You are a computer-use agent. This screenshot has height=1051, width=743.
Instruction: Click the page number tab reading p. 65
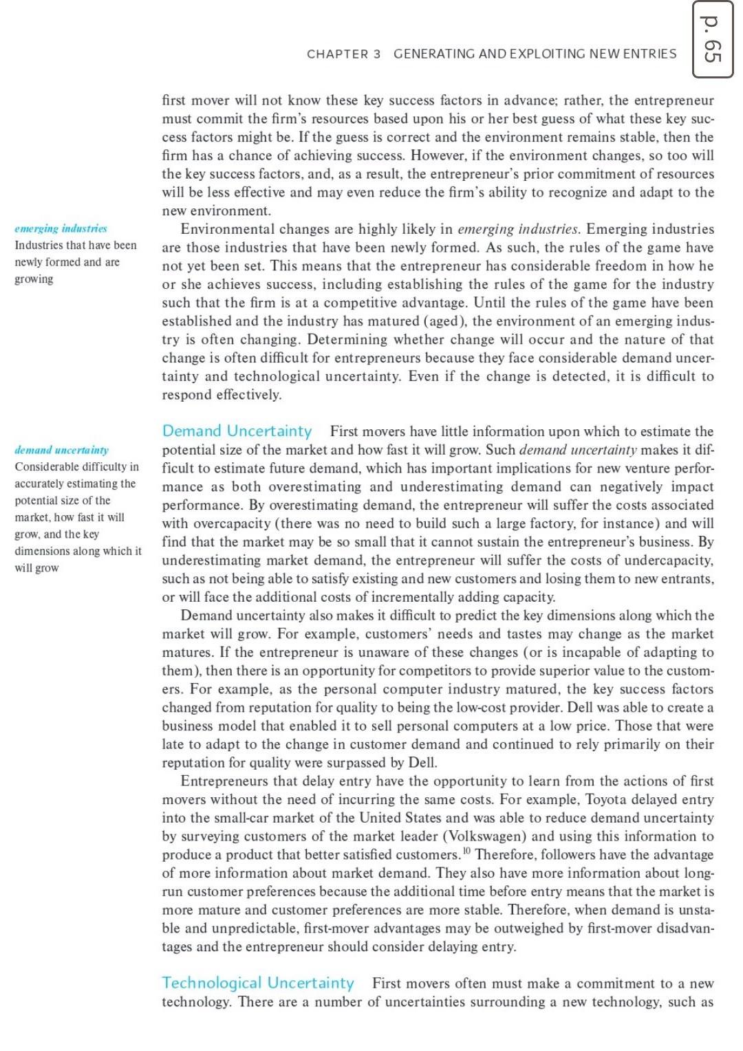click(712, 39)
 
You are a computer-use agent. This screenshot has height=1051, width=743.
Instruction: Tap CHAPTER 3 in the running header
click(343, 54)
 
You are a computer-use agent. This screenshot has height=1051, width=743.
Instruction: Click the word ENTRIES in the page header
click(649, 54)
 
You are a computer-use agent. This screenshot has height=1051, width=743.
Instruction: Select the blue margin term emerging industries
click(61, 228)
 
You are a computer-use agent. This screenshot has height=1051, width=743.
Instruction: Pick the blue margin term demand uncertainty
click(61, 450)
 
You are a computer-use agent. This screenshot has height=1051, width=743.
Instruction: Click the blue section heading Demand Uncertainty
click(237, 431)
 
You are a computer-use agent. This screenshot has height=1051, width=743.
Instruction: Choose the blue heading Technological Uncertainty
click(258, 983)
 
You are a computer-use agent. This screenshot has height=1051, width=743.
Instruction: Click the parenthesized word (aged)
click(446, 321)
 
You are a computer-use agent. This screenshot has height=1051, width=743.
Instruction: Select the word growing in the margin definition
click(34, 279)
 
